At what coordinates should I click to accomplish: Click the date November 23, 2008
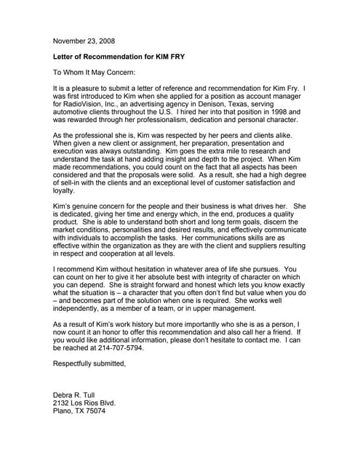tap(84, 41)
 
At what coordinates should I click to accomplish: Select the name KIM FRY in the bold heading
tap(177, 56)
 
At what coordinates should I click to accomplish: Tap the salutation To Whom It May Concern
tap(95, 72)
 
